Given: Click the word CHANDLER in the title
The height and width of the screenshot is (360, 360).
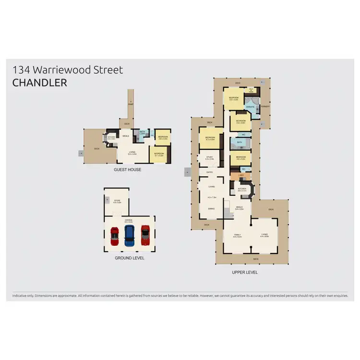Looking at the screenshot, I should (x=39, y=83).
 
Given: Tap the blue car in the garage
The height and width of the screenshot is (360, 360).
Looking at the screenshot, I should (x=129, y=235).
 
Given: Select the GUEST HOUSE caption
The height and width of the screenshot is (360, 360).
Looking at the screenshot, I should (x=127, y=169).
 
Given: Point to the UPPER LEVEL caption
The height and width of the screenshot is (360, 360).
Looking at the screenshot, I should (x=245, y=272).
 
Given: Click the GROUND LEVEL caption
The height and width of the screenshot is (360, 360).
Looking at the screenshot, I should (x=129, y=258).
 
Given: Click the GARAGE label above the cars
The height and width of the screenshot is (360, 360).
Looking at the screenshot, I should (x=129, y=220).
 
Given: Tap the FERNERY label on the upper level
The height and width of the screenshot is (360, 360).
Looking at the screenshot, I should (x=265, y=106).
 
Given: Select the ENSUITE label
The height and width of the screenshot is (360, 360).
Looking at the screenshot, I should (x=250, y=107).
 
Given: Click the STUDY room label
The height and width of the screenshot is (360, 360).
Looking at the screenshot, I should (x=210, y=156).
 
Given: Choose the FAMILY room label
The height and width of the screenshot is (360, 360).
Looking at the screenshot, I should (x=237, y=234).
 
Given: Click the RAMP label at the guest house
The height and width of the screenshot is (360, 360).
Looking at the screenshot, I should (x=131, y=103).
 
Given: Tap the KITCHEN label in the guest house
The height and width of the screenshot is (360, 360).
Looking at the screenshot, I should (x=111, y=137).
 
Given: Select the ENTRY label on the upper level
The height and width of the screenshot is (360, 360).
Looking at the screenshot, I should (x=210, y=172).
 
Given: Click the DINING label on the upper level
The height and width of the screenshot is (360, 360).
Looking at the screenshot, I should (x=211, y=208).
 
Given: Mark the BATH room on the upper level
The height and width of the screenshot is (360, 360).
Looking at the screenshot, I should (x=239, y=142).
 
